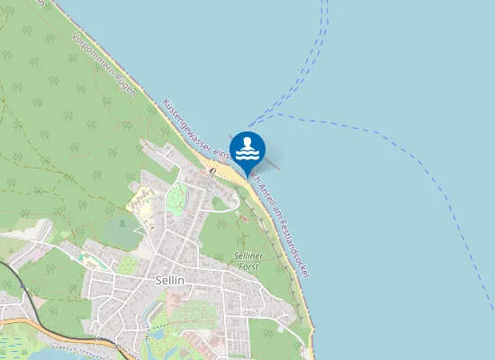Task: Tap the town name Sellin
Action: (x=169, y=281)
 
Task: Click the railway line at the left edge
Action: (x=27, y=297)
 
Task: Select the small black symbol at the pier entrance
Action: (x=211, y=170)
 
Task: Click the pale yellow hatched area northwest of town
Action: (x=144, y=200)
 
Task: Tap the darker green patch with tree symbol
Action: (x=121, y=230)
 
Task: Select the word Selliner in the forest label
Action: (x=247, y=256)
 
